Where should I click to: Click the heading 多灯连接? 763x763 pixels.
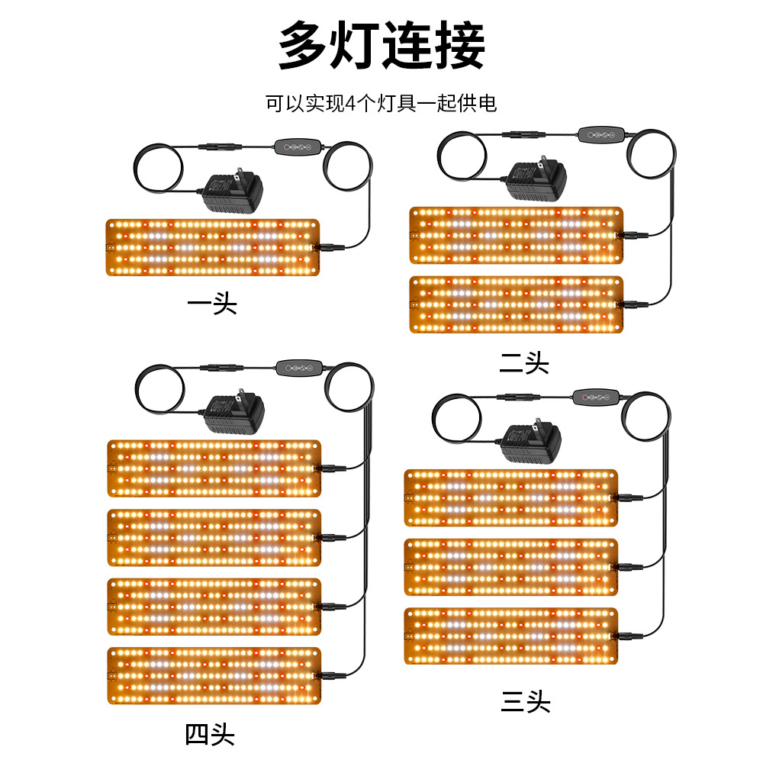(381, 46)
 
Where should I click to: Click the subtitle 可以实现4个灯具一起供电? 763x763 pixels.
(381, 103)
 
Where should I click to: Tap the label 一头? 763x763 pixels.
(212, 304)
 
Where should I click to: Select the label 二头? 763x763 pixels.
(524, 364)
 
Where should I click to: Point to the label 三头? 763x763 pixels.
(526, 701)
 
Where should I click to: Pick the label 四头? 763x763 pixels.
(210, 735)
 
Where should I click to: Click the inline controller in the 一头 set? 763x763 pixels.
(297, 146)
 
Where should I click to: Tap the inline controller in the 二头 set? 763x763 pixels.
(602, 135)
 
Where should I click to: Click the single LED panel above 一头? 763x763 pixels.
(212, 247)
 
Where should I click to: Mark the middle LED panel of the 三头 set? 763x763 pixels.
(510, 567)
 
